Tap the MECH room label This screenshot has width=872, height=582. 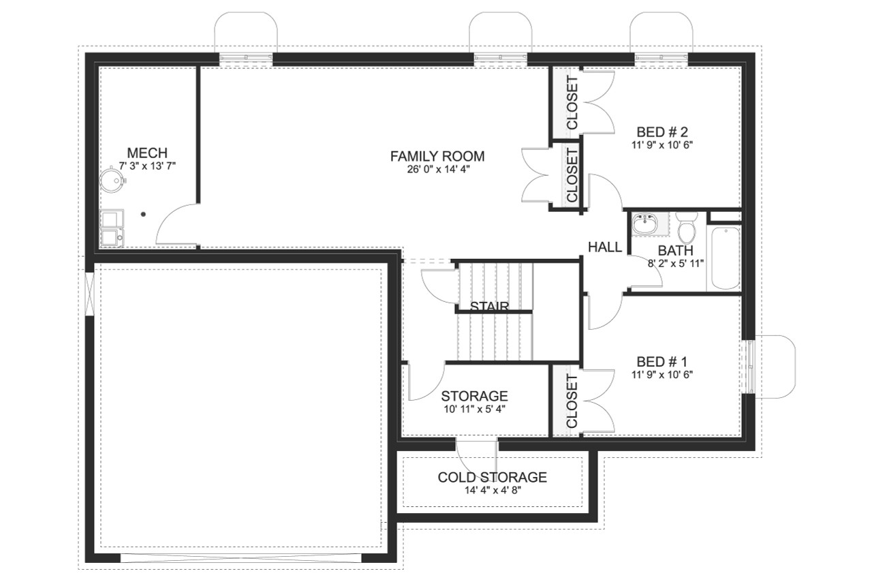coord(147,153)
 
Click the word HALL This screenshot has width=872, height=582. coord(605,247)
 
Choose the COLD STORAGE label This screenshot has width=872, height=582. coord(492,477)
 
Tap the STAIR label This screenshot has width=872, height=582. coord(489,306)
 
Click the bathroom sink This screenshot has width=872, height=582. coord(644,224)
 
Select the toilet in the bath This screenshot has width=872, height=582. coord(686,228)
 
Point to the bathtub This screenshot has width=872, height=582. coord(723,259)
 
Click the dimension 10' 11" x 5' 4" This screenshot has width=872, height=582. coord(474,409)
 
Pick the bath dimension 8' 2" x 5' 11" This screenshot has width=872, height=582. coord(675,262)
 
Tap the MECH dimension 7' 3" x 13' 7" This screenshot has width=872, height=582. coord(147,166)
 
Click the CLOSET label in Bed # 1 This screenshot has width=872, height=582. coord(572,400)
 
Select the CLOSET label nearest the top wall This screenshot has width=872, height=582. coord(572,102)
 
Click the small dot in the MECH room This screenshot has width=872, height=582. coord(143,214)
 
